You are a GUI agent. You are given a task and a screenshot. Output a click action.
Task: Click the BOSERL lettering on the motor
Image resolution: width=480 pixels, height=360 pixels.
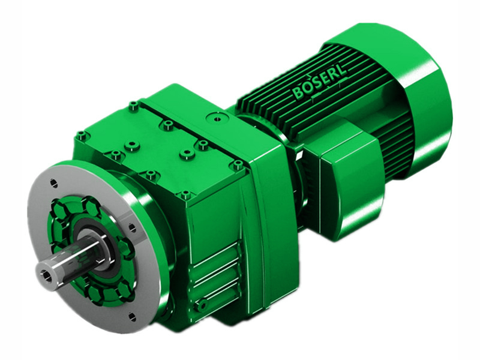[321, 85]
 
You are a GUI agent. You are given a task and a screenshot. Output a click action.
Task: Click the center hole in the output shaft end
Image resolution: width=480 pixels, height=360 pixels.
[46, 275]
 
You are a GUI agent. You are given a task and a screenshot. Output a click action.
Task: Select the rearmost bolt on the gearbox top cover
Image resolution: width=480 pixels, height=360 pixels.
[133, 106]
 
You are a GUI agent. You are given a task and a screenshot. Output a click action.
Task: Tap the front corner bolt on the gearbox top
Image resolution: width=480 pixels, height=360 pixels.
[185, 195]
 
